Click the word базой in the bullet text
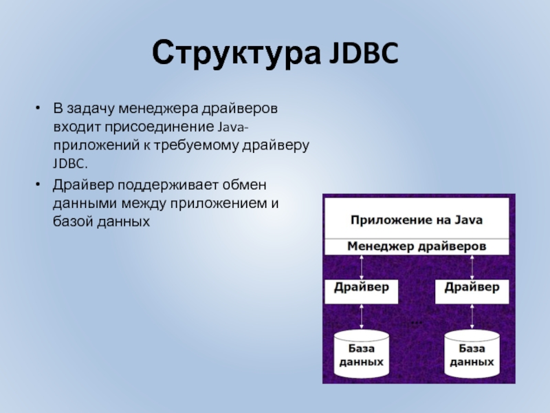pyautogui.click(x=72, y=223)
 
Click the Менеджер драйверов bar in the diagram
pyautogui.click(x=417, y=246)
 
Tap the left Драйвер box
pyautogui.click(x=362, y=290)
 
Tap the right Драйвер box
pyautogui.click(x=472, y=290)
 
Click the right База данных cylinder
pyautogui.click(x=472, y=354)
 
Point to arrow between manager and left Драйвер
pyautogui.click(x=362, y=267)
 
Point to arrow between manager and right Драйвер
pyautogui.click(x=472, y=267)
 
